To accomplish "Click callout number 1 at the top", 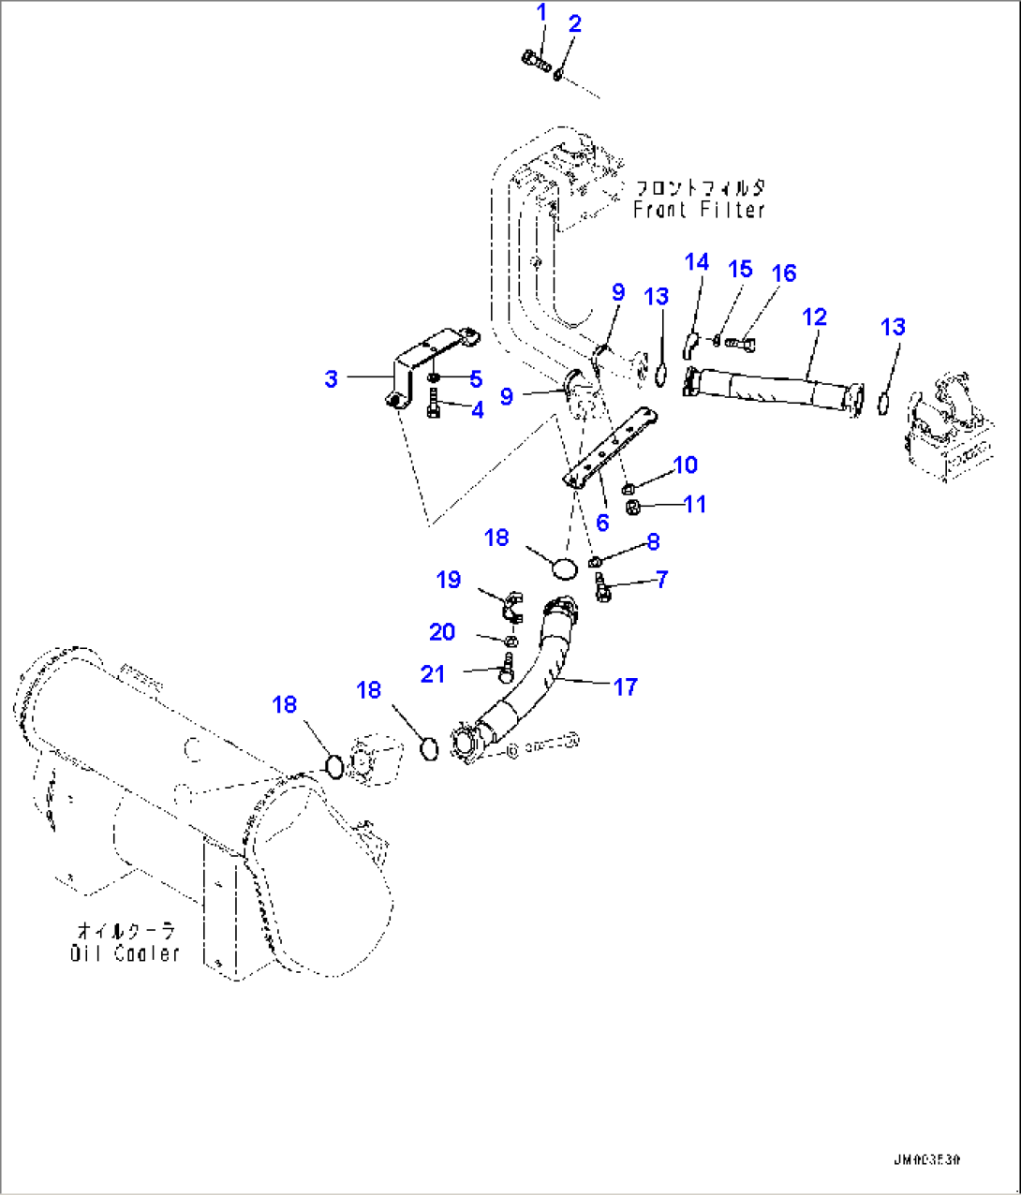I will (541, 13).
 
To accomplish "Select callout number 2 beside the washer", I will (574, 24).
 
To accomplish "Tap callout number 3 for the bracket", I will (331, 379).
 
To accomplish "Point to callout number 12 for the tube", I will (814, 317).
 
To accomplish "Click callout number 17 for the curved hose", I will (625, 687).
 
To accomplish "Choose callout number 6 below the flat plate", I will (601, 523).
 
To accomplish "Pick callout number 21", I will (433, 674).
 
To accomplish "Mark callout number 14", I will (696, 262).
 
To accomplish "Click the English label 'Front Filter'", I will (699, 211).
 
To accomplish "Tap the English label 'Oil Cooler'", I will (125, 953).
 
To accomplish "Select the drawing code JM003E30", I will (926, 1159).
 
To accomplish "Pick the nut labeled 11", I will (632, 508).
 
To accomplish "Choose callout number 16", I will (783, 273).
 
